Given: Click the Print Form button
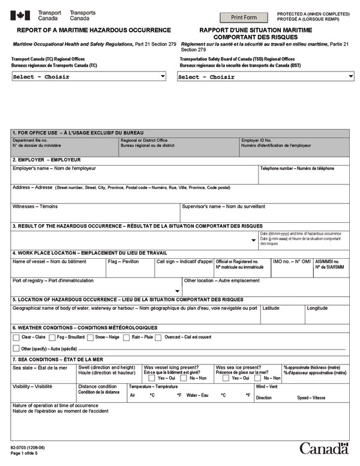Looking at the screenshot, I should [244, 17].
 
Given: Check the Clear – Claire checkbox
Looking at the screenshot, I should [17, 337].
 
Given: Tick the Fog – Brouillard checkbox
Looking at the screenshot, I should [52, 337].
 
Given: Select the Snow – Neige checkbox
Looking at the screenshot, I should [90, 337].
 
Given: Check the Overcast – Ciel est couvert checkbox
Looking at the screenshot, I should [158, 337].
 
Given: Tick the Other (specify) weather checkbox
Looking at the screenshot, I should [17, 348].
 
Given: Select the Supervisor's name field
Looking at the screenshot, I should [264, 215].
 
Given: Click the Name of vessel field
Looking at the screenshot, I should [58, 270].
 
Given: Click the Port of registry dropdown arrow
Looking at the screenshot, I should [177, 291].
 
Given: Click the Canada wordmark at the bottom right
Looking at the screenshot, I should [324, 449].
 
